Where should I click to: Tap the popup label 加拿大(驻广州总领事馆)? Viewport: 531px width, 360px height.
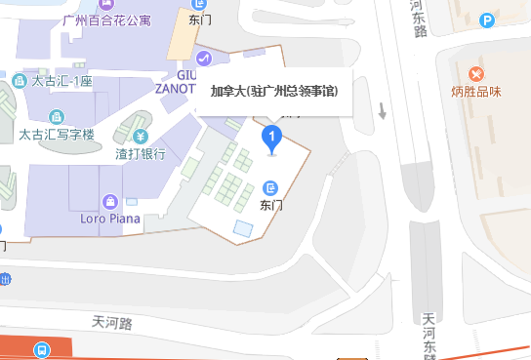tap(273, 92)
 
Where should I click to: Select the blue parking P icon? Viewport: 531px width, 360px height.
tap(487, 19)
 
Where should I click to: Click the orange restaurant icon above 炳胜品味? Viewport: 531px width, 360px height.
tap(476, 74)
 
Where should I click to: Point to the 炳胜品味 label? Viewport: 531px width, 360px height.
tap(476, 93)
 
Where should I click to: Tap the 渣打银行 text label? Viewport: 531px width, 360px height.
tap(141, 153)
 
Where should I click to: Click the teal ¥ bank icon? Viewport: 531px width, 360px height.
tap(142, 136)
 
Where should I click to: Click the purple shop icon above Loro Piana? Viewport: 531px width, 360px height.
tap(111, 202)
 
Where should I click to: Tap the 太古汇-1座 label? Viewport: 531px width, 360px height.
tap(61, 81)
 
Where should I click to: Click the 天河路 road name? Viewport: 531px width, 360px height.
tap(111, 321)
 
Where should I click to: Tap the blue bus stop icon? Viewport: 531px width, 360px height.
tap(42, 348)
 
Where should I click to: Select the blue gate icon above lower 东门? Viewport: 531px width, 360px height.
tap(271, 187)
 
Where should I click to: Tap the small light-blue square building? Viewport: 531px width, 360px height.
tap(242, 228)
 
